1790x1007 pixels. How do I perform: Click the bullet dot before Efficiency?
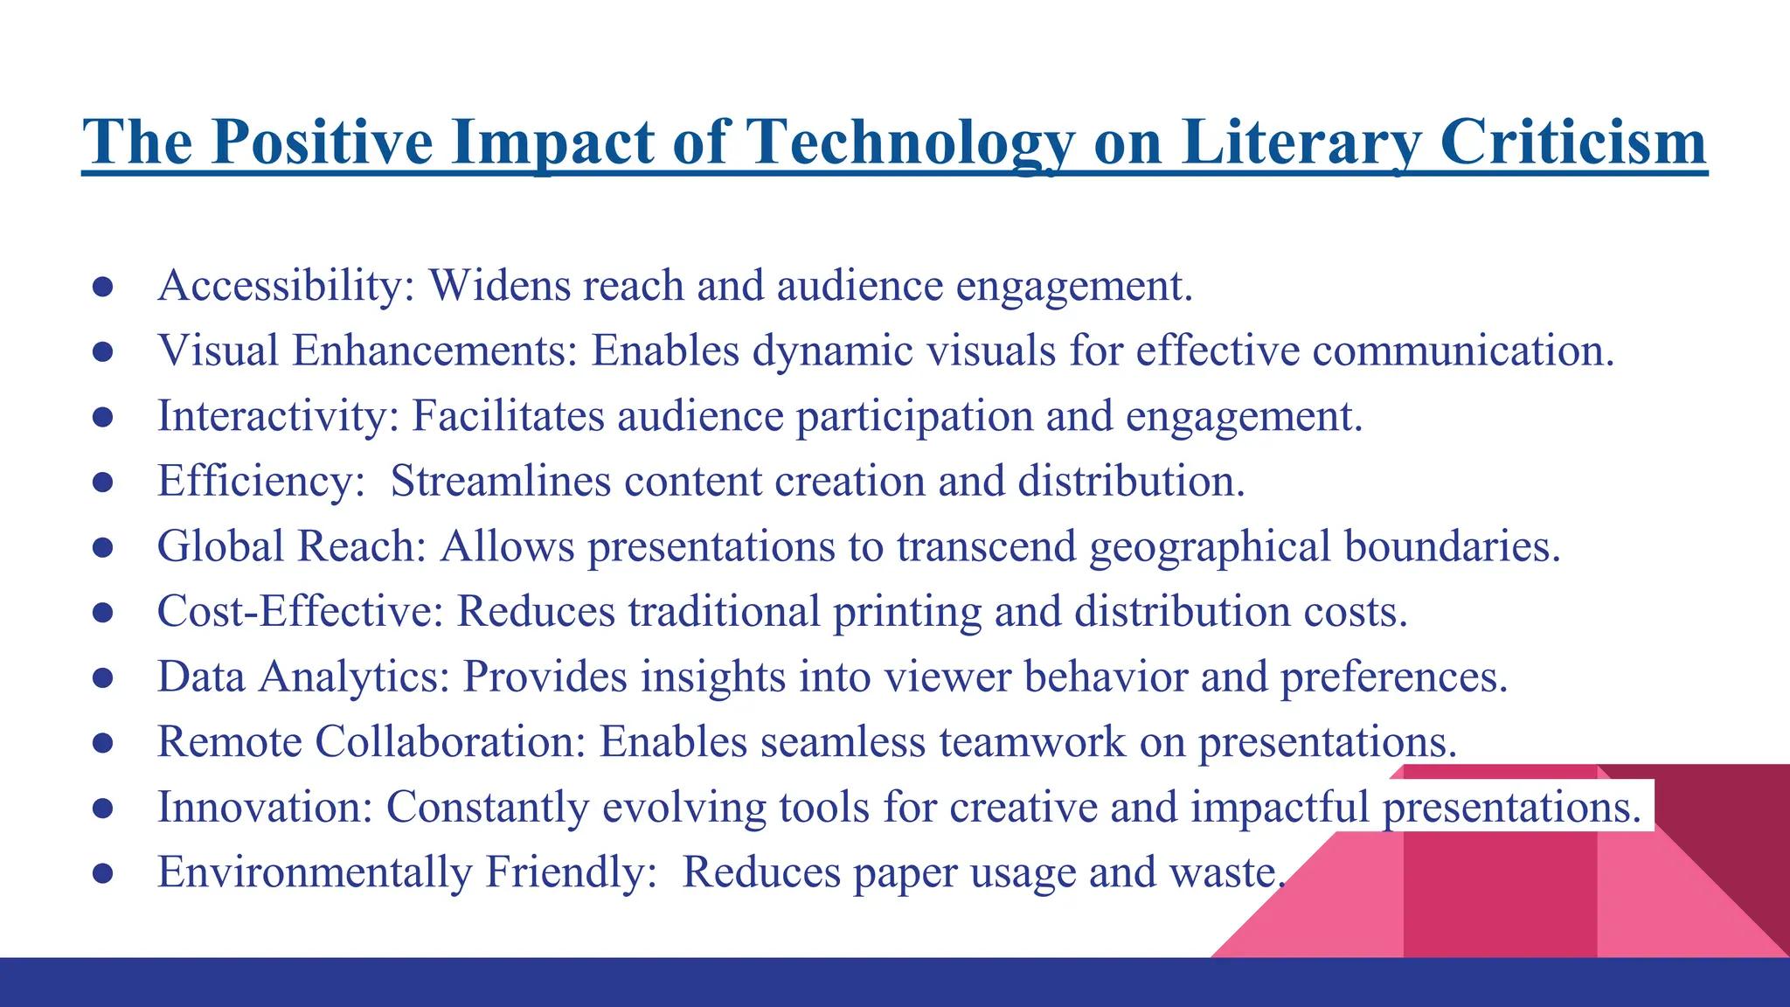click(x=102, y=482)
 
